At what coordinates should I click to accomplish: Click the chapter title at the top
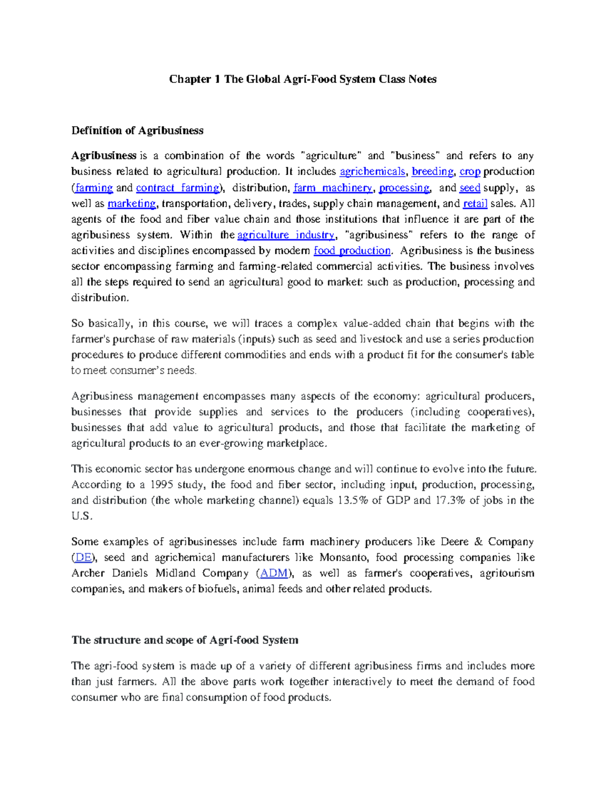tap(302, 79)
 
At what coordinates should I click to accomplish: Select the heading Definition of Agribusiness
tap(137, 130)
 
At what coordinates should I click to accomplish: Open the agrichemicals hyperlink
tap(372, 171)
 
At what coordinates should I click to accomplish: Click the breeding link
tap(432, 171)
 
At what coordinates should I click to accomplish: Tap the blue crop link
tap(470, 171)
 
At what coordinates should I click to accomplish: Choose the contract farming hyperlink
tap(178, 188)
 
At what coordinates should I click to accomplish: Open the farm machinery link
tap(333, 188)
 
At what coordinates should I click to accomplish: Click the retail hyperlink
tap(475, 203)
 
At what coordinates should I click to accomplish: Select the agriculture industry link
tap(285, 235)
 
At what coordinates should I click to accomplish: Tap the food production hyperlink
tap(352, 251)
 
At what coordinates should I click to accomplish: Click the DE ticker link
tap(83, 558)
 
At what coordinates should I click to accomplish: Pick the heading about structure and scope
tap(185, 640)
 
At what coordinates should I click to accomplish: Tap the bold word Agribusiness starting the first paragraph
tap(104, 156)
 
